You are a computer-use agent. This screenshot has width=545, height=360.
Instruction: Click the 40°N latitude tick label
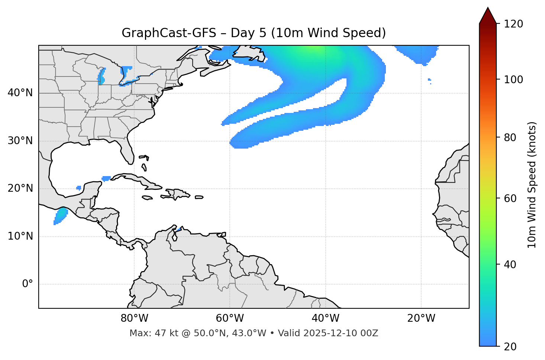click(20, 93)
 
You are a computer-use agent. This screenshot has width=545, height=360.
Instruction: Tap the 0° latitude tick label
click(28, 284)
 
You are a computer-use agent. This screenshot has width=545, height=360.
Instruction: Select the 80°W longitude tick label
click(134, 318)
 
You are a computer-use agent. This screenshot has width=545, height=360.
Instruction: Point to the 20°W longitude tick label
click(421, 318)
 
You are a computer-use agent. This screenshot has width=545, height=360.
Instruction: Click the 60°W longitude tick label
click(230, 318)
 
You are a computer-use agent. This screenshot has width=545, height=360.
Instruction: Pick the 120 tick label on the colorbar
click(513, 24)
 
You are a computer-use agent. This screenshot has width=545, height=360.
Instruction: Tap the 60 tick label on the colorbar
click(511, 198)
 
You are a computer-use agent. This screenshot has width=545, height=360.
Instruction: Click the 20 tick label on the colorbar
click(511, 347)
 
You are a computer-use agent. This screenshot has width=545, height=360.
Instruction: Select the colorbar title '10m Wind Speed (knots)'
click(532, 185)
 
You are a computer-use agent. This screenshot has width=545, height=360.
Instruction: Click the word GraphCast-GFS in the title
click(169, 33)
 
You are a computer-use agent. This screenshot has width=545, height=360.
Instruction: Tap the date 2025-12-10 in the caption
click(333, 333)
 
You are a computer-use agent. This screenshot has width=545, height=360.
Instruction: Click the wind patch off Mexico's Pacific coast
click(61, 216)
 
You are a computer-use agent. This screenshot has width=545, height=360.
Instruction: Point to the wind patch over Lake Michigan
click(101, 76)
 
